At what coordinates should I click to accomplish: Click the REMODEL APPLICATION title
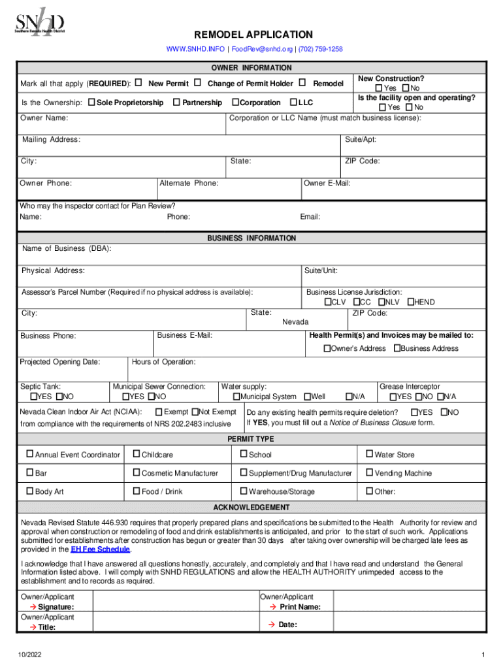253,35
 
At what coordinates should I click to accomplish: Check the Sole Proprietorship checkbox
91,103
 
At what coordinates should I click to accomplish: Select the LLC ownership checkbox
293,103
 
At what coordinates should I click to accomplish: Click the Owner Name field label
44,118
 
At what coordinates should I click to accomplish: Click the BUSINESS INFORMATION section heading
252,238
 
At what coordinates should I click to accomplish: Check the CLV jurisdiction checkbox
328,302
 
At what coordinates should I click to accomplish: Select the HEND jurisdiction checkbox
411,302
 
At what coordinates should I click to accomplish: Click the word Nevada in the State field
295,322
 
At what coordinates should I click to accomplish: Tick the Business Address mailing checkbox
397,348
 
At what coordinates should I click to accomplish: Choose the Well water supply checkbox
308,397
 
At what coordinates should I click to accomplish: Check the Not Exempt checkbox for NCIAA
194,412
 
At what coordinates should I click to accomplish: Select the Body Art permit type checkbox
29,491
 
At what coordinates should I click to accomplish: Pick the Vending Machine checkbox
369,473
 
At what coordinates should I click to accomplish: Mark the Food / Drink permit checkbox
136,491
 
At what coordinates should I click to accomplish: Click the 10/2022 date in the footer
29,655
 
